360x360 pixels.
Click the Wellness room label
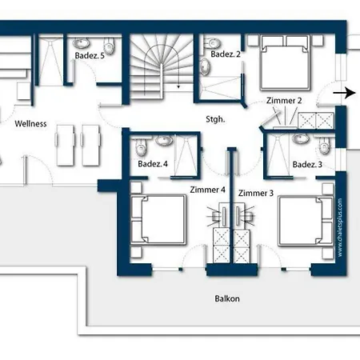pyautogui.click(x=30, y=124)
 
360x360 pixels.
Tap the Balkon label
pyautogui.click(x=227, y=298)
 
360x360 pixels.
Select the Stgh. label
pyautogui.click(x=215, y=119)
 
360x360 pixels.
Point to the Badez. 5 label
pyautogui.click(x=90, y=55)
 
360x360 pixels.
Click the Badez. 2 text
pyautogui.click(x=226, y=54)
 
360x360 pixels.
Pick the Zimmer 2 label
pyautogui.click(x=284, y=101)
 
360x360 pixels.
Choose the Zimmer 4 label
pyautogui.click(x=208, y=190)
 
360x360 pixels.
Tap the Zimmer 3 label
pyautogui.click(x=256, y=193)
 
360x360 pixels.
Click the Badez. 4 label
pyautogui.click(x=153, y=164)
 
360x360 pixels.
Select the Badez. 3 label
pyautogui.click(x=307, y=165)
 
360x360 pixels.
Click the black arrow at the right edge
pyautogui.click(x=344, y=93)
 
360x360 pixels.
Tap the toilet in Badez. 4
pyautogui.click(x=141, y=147)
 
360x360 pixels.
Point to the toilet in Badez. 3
pyautogui.click(x=324, y=146)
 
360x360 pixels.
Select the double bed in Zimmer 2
pyautogui.click(x=285, y=63)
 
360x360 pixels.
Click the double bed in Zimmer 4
pyautogui.click(x=158, y=220)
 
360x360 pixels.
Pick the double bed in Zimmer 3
pyautogui.click(x=306, y=221)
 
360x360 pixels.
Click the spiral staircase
pyautogui.click(x=162, y=66)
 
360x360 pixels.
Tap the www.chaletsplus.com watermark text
pyautogui.click(x=340, y=227)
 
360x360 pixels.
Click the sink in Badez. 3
pyautogui.click(x=301, y=138)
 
